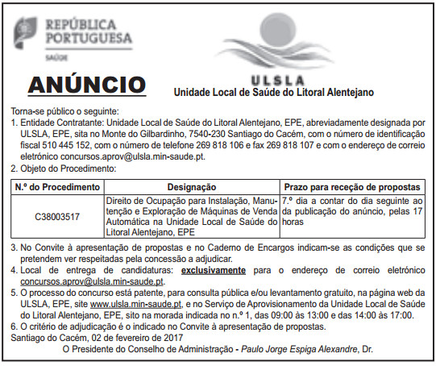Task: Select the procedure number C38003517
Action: [58, 217]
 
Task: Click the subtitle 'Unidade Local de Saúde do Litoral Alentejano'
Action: [273, 92]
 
